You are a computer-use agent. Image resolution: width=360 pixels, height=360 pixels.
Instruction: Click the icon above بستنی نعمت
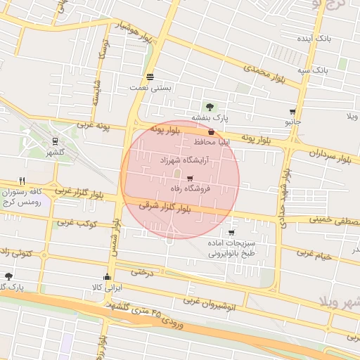[150, 77]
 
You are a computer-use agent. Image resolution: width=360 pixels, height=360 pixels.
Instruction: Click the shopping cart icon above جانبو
[292, 111]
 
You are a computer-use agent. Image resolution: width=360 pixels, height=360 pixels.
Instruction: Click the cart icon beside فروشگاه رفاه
[190, 178]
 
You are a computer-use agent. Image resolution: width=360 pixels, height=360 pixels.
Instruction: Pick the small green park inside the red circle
[177, 174]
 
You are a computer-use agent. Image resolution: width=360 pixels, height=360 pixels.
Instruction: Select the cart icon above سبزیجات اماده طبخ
[231, 232]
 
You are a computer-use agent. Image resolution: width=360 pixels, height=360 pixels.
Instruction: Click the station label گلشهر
[55, 152]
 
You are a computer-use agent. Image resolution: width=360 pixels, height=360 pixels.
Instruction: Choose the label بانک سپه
[313, 71]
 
